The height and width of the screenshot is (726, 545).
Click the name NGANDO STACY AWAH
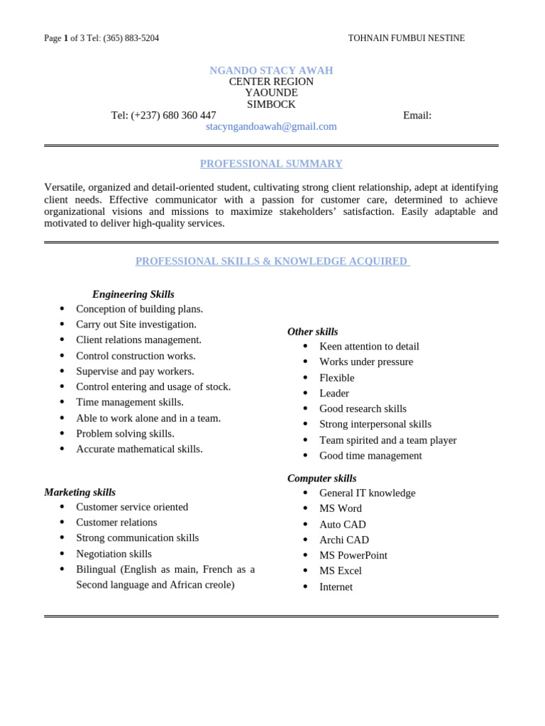(x=271, y=70)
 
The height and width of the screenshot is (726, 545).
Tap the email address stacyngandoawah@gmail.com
(x=271, y=126)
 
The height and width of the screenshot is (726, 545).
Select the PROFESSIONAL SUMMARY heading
(x=271, y=164)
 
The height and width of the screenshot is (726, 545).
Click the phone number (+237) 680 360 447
(x=173, y=116)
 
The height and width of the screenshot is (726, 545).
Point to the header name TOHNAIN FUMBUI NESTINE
(x=406, y=38)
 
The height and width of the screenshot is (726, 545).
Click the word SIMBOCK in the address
(x=271, y=104)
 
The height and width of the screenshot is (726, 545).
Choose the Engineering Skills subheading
(x=133, y=294)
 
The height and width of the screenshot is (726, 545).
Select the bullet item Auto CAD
(x=343, y=525)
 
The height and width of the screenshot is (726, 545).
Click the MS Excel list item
(x=341, y=571)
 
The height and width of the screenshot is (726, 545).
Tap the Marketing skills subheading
(x=79, y=492)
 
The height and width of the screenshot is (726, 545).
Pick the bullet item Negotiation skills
(x=114, y=554)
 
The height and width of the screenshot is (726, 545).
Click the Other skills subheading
(x=312, y=332)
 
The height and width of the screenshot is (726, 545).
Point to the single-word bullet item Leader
(x=334, y=393)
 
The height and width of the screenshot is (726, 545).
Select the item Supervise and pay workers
(x=135, y=371)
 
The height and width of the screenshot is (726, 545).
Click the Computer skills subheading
(x=321, y=479)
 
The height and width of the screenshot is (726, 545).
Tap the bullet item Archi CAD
(x=344, y=540)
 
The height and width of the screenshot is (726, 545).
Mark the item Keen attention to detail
(x=369, y=347)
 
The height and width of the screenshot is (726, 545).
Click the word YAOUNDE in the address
(x=271, y=93)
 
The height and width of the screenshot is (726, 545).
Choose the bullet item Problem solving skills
(x=125, y=433)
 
